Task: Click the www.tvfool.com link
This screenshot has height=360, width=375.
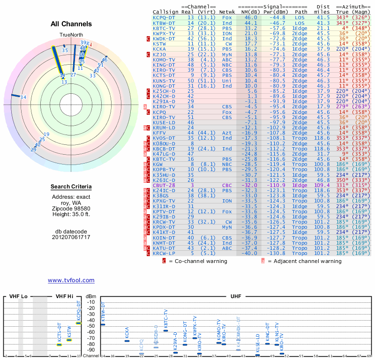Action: point(71,280)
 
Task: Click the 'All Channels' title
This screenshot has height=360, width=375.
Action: point(71,24)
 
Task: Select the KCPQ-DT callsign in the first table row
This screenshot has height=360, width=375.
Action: point(164,17)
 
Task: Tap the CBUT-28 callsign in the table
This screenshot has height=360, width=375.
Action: point(164,186)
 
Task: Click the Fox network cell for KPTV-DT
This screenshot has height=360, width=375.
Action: point(227,212)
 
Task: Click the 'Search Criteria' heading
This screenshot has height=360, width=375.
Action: point(71,187)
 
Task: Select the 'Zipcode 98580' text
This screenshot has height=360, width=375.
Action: point(71,208)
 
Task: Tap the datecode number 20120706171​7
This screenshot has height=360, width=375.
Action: point(71,237)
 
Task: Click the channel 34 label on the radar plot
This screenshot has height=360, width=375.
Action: point(23,97)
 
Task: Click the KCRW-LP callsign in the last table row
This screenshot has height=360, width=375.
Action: point(164,254)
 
